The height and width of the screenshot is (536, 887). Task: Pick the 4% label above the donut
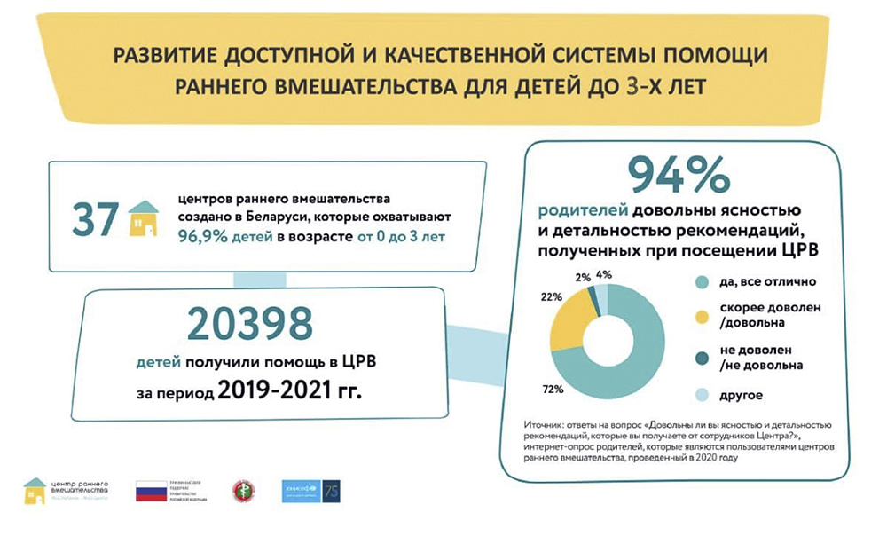(x=605, y=274)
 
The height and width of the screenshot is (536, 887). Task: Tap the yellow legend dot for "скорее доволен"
(x=703, y=316)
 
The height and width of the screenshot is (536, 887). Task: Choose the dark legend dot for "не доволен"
(x=703, y=358)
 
